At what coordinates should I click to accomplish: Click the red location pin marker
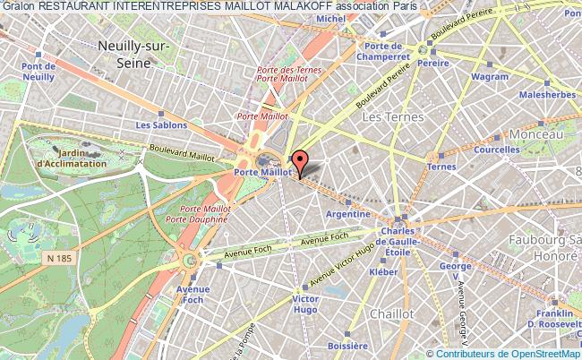coord(301,162)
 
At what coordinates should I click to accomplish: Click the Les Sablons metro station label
coord(155,124)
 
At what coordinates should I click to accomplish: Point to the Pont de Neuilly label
coord(40,73)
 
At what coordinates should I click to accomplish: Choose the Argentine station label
coord(348,214)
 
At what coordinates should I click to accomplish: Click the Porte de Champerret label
coord(382,50)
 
